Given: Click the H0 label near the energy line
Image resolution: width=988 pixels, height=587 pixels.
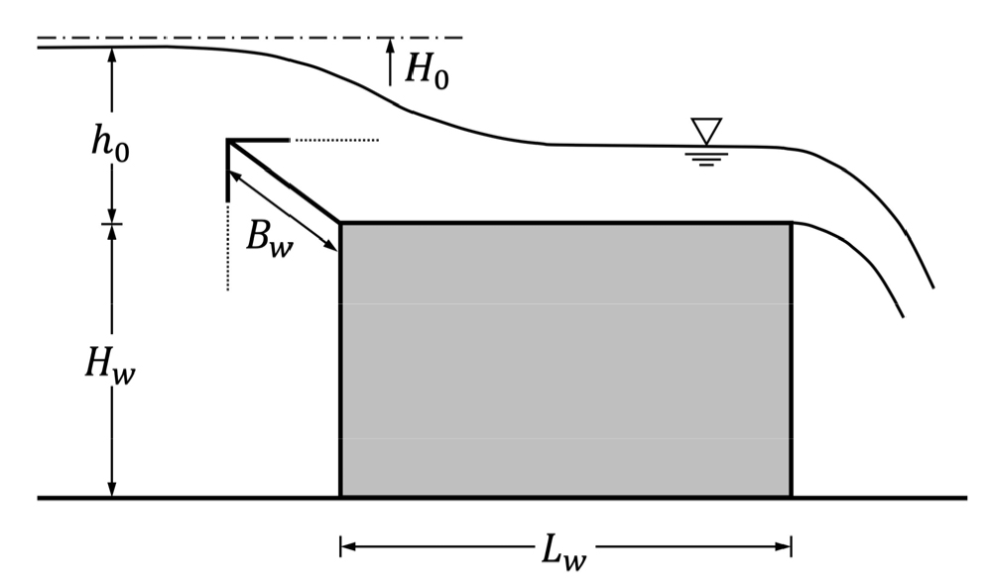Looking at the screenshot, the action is click(x=427, y=70).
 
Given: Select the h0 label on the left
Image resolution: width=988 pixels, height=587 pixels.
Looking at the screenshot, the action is click(x=110, y=143).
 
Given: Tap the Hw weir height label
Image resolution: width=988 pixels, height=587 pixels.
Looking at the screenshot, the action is click(x=110, y=364).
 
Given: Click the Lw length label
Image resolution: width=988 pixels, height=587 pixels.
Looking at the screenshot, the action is click(x=564, y=550).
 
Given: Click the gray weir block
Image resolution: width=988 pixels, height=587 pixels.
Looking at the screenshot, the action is click(x=565, y=360).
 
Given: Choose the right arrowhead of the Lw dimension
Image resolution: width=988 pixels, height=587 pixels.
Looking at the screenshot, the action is click(x=784, y=546).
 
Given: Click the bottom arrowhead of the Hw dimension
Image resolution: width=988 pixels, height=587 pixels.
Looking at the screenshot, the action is click(x=112, y=489).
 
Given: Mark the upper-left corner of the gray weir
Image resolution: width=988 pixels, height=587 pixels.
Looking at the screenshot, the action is click(x=341, y=223).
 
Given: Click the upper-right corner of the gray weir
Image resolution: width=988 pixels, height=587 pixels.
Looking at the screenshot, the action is click(x=792, y=223).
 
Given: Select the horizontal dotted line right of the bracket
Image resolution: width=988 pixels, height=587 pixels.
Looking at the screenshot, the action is click(x=337, y=140).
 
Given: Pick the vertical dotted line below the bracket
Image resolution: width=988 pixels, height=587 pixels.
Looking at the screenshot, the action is click(x=227, y=247).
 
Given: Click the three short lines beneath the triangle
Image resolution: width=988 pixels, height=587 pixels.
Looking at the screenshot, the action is click(x=706, y=158).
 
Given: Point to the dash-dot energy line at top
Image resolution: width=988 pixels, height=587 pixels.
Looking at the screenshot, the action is click(x=250, y=38).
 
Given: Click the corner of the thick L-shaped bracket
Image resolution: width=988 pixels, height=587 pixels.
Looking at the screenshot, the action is click(x=227, y=141).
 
